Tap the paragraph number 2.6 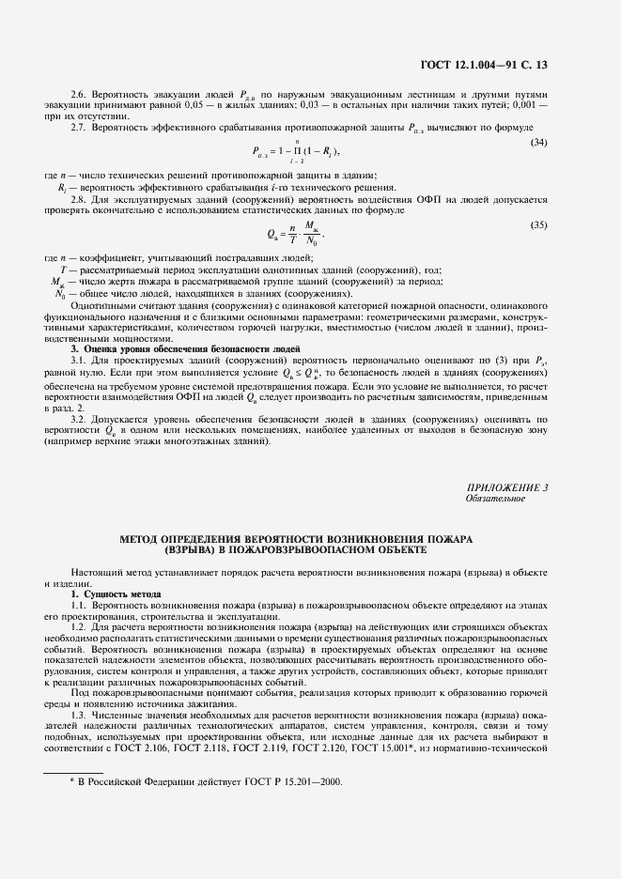79,95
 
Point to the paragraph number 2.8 79,199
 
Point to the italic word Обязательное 495,499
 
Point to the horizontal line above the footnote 75,771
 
